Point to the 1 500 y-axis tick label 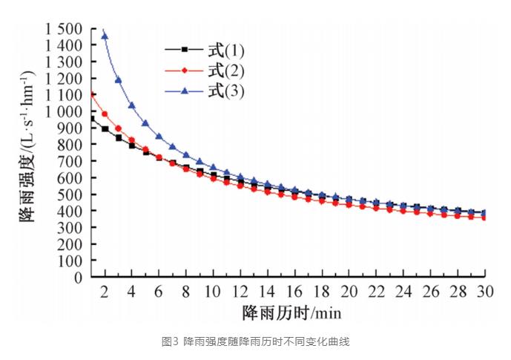[x=64, y=29]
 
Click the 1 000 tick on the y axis [x=64, y=111]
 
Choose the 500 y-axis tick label [x=70, y=194]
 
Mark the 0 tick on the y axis [x=79, y=278]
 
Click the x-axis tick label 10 [x=214, y=290]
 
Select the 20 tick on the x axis [x=350, y=290]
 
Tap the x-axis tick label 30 [x=486, y=290]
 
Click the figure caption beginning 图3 [x=255, y=341]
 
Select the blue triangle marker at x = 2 [x=105, y=36]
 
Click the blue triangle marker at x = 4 [x=132, y=105]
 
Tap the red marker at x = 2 [x=105, y=114]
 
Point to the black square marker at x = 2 [x=105, y=128]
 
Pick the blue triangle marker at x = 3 [x=119, y=79]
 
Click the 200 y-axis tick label [x=70, y=244]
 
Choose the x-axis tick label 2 [x=105, y=290]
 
